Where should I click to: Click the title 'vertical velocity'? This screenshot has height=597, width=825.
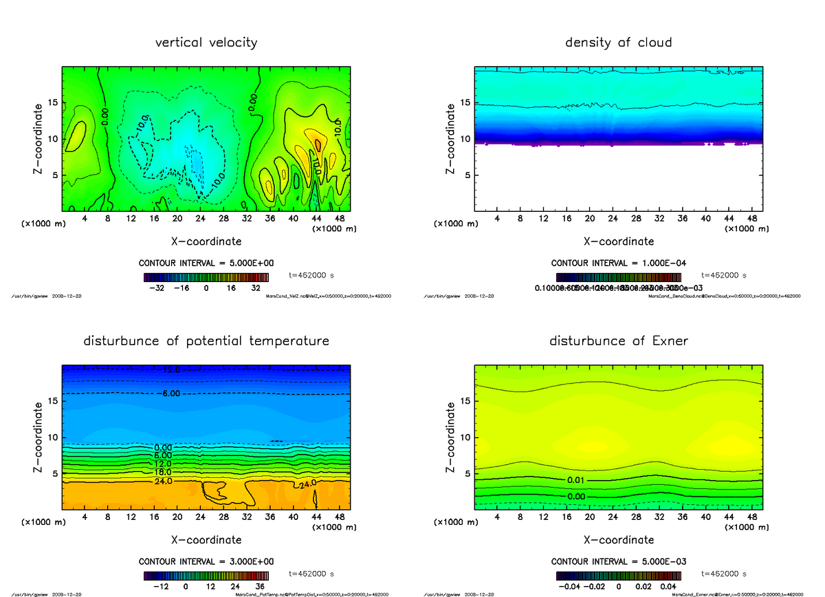click(x=206, y=43)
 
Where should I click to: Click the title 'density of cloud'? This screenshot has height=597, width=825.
click(x=618, y=43)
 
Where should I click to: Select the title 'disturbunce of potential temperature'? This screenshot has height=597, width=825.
click(x=206, y=341)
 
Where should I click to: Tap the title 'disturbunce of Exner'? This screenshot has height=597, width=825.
click(x=618, y=341)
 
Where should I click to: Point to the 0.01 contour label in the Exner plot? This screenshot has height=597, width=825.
click(x=577, y=479)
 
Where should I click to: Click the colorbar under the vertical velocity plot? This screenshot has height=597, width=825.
click(x=206, y=277)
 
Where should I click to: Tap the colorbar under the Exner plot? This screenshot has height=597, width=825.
click(x=618, y=576)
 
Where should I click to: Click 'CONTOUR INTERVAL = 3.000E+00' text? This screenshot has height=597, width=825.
click(x=206, y=562)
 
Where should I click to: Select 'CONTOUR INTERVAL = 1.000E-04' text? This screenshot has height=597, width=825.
click(x=618, y=263)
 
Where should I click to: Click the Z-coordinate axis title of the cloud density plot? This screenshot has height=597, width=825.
click(x=451, y=138)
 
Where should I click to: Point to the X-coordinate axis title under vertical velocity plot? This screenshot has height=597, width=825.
click(x=206, y=241)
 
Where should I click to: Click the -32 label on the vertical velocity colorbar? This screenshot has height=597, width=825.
click(x=160, y=289)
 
